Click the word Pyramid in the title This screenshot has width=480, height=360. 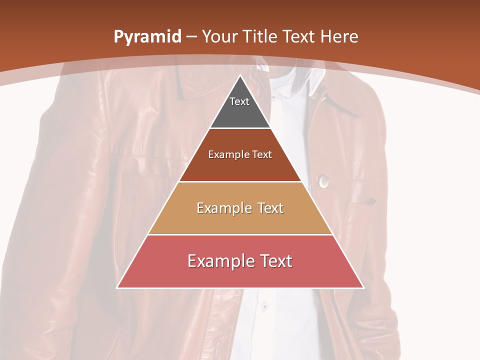(x=147, y=37)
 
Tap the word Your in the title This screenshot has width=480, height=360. (x=219, y=36)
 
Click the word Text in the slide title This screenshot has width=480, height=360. (x=300, y=36)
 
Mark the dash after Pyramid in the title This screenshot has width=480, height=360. (x=190, y=37)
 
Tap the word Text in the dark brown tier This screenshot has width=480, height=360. (x=262, y=154)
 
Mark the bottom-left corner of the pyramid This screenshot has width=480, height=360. (x=117, y=287)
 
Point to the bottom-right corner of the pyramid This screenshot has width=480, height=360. (x=363, y=287)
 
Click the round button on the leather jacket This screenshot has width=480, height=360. (x=323, y=180)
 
